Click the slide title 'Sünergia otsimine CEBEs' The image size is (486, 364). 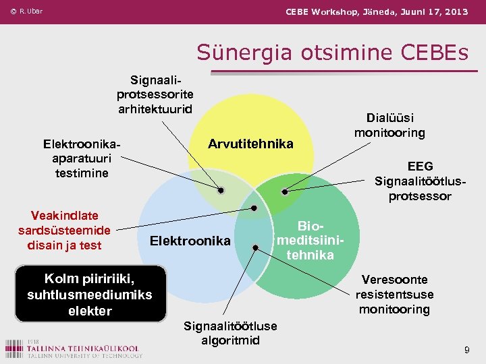coord(332,52)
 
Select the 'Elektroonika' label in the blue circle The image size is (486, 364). coord(190,241)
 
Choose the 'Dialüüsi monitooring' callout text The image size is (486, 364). coord(389,125)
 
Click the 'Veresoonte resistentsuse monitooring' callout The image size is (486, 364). coord(394,295)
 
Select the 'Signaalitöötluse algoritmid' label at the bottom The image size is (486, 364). coord(230,333)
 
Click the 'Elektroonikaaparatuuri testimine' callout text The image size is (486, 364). coord(82,158)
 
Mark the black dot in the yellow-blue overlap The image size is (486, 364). coord(221,191)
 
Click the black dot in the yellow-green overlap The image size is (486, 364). coord(284,192)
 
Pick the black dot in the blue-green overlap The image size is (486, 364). coord(255,247)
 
